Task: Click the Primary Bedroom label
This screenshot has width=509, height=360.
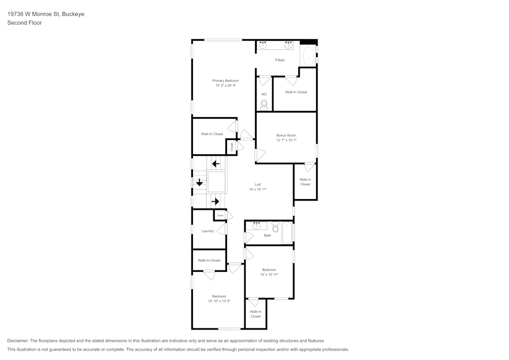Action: point(225,80)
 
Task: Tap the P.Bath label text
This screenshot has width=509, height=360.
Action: point(280,60)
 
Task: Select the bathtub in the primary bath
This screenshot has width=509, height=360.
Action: point(308,56)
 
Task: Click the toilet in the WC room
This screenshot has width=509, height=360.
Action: point(264,105)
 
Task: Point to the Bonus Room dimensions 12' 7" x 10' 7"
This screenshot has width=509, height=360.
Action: point(286,140)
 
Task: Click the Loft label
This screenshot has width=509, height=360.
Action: point(258,184)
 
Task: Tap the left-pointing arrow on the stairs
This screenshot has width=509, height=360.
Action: point(216,163)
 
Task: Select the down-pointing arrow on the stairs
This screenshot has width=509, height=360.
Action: point(200,182)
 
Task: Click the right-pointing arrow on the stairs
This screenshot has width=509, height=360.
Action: point(215,202)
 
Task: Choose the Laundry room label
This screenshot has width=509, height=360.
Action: point(208,231)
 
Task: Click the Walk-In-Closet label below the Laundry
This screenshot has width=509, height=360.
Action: point(209,260)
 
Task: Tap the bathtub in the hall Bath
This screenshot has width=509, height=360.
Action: point(287,233)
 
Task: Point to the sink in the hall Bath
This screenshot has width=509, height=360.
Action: point(257,226)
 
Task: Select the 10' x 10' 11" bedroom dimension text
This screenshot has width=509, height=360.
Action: point(269,274)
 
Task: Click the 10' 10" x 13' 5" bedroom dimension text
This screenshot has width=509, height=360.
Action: point(219,301)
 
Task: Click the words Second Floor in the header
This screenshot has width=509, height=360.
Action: point(24,23)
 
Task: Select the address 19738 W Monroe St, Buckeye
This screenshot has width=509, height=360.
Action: point(46,14)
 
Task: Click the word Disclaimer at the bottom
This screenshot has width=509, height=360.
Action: point(18,341)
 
